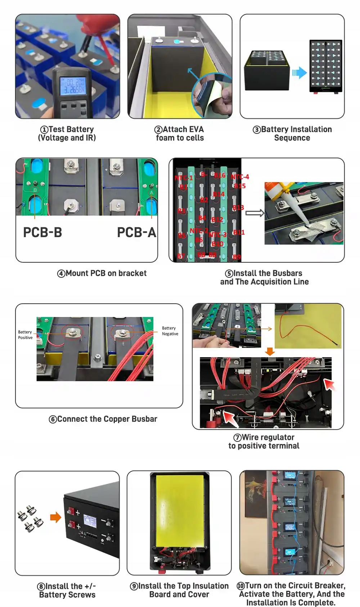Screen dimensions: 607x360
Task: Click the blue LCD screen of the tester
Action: coord(72,86)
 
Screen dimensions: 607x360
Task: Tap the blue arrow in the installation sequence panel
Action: coord(299,73)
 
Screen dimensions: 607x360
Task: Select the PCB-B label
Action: coord(42,232)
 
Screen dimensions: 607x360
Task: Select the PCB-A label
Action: coord(136,232)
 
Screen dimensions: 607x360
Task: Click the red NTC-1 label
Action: coord(184,178)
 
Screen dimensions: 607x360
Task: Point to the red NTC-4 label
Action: coord(240,177)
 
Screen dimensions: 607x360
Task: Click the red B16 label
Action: coord(220,175)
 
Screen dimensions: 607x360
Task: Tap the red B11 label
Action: coord(239,232)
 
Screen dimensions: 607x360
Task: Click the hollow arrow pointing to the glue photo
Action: coord(255,213)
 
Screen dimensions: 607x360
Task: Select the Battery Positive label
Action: coord(25,335)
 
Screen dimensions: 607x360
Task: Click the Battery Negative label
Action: coord(170,331)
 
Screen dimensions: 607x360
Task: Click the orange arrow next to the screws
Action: coord(55,517)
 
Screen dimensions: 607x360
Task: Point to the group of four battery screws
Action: coord(30,518)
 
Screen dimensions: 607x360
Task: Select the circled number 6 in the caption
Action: coord(53,419)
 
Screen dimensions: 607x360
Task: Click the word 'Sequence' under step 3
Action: coord(292,138)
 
